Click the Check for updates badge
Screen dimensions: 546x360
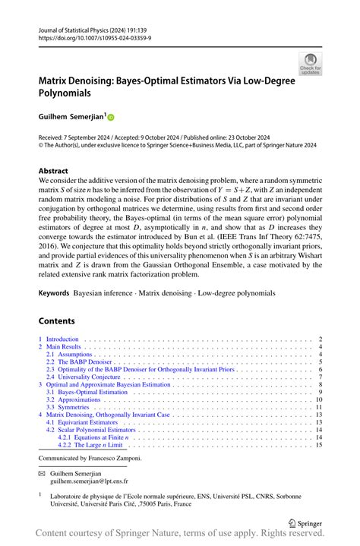(x=310, y=64)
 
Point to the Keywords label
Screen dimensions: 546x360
(x=59, y=292)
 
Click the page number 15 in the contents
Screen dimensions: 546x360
(x=319, y=445)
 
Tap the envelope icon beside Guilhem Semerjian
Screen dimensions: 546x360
(x=43, y=472)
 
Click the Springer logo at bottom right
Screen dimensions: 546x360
(x=307, y=523)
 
